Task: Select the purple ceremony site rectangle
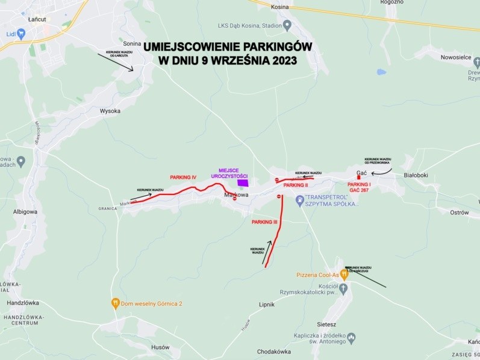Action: pos(243,182)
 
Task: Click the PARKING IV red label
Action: pos(184,178)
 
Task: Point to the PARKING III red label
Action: pos(264,222)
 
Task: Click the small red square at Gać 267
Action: pos(359,177)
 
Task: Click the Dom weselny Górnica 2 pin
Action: pos(115,303)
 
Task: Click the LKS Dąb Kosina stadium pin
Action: pos(287,25)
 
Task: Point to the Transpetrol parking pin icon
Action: pos(299,199)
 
